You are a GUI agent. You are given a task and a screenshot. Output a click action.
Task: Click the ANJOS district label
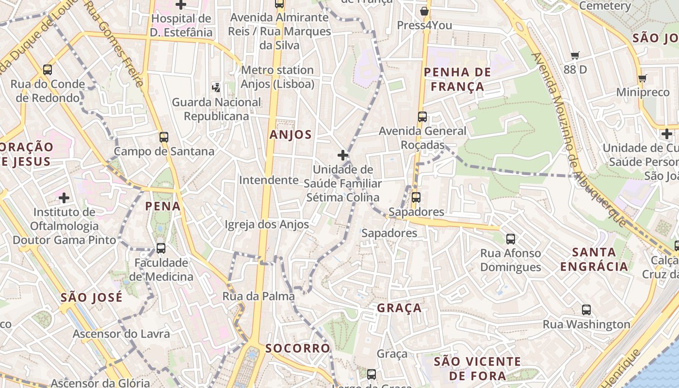[291, 135]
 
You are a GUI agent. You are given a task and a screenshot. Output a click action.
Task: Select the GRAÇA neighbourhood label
[399, 308]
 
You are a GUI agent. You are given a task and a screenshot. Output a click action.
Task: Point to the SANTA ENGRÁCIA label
[594, 259]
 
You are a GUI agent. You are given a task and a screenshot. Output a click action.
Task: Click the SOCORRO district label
[297, 348]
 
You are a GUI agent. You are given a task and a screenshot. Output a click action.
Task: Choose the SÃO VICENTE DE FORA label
[477, 369]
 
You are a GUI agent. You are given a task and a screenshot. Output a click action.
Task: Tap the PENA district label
[163, 206]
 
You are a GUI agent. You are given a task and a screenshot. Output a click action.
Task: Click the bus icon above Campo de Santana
[164, 137]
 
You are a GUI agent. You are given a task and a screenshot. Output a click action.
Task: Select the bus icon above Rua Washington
[586, 310]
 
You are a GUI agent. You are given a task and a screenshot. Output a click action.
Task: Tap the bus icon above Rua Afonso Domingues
[511, 239]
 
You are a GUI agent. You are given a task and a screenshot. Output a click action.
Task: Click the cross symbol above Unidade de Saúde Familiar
[343, 155]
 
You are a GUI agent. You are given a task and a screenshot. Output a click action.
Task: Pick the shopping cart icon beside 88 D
[575, 56]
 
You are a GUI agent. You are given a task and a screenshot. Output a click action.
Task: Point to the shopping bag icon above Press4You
[424, 11]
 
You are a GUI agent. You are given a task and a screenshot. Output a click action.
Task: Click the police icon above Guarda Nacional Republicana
[216, 88]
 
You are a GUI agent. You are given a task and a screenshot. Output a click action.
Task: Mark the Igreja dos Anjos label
[267, 225]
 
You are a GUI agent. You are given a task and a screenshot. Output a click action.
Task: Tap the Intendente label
[269, 180]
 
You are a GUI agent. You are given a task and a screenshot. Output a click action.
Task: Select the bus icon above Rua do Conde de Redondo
[48, 69]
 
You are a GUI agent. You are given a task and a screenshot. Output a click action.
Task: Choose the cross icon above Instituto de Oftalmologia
[64, 197]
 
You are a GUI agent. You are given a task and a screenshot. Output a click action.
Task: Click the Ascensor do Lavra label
[121, 334]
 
